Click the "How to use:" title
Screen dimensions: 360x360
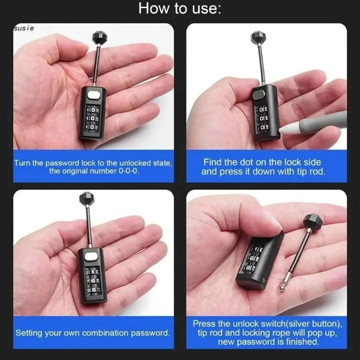click(180, 8)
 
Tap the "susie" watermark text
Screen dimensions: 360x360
click(24, 28)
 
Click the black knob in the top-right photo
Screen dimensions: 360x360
click(258, 37)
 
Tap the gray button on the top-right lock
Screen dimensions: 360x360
click(258, 95)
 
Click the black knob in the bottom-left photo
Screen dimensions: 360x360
click(86, 199)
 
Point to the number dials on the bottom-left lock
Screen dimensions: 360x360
click(93, 280)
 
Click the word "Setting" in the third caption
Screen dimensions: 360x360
click(29, 333)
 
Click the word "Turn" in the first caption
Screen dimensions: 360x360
click(22, 163)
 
